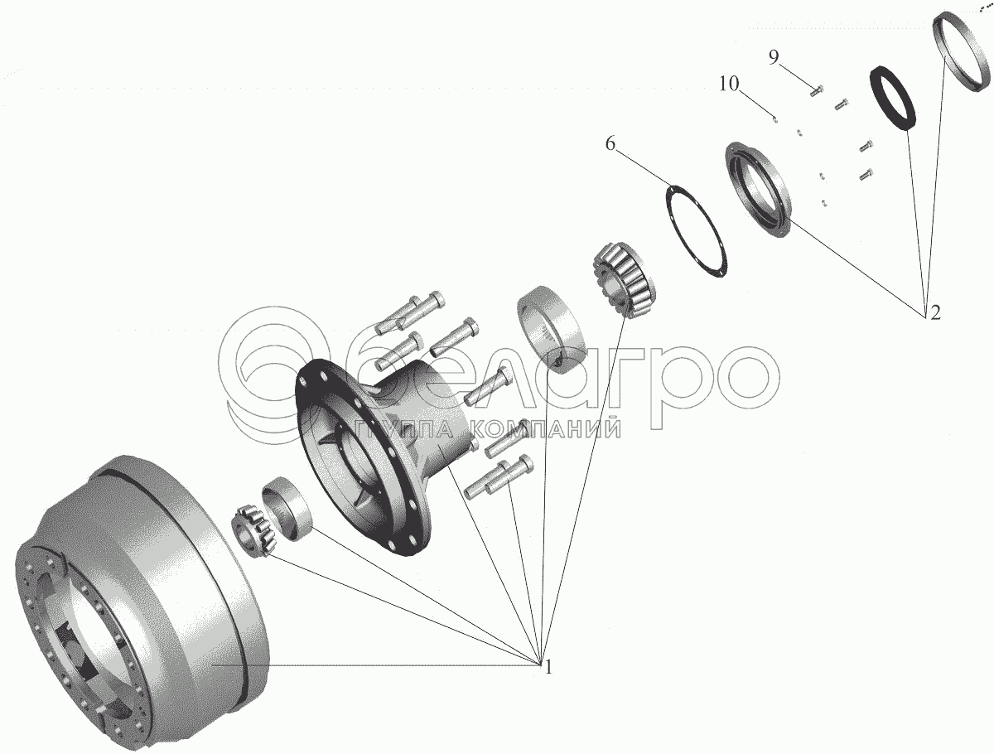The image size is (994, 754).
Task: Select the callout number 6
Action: click(610, 144)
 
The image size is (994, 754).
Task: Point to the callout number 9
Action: click(774, 57)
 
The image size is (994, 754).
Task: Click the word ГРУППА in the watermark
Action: click(406, 428)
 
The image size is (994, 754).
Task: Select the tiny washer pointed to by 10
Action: click(774, 119)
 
